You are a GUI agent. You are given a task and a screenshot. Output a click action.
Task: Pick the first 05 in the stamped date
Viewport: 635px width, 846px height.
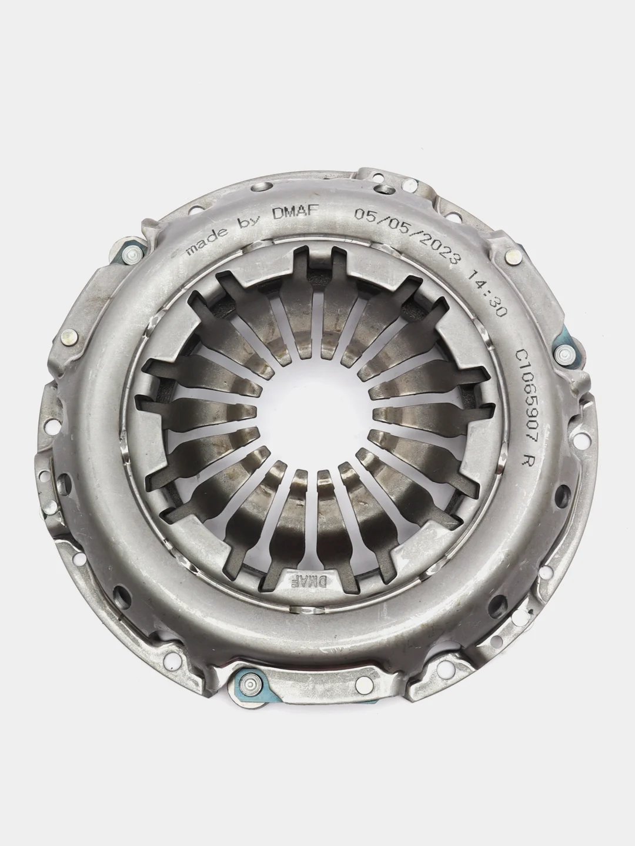point(364,214)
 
